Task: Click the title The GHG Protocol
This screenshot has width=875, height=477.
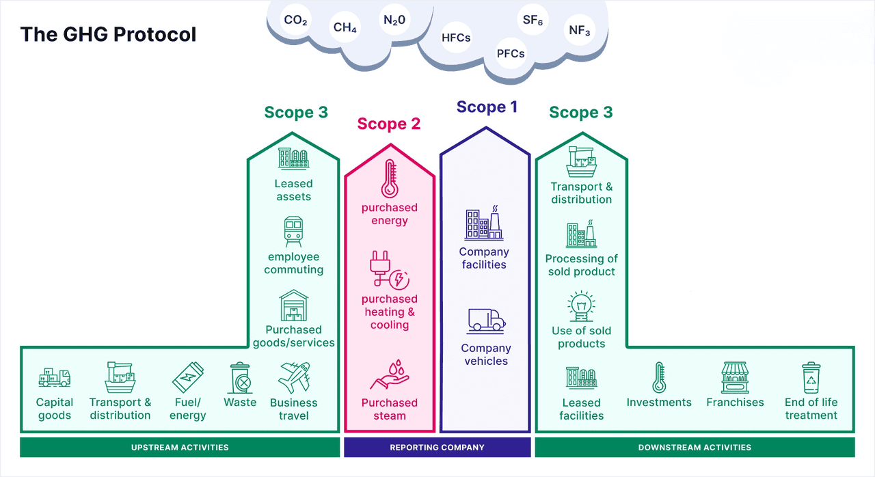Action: click(108, 34)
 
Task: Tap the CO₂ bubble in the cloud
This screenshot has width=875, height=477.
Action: click(295, 21)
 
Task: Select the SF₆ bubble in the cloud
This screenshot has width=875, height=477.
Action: click(533, 21)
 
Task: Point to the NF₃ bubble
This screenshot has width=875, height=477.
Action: click(579, 31)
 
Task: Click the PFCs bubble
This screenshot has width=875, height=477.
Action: click(511, 53)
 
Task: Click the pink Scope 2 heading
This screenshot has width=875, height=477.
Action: click(389, 124)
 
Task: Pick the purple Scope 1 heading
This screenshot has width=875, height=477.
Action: click(487, 107)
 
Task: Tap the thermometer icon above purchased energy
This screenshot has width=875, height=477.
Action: click(390, 179)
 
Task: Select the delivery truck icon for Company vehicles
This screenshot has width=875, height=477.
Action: click(486, 320)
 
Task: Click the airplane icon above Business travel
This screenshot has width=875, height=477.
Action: click(294, 377)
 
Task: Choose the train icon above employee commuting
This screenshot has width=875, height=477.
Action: click(294, 232)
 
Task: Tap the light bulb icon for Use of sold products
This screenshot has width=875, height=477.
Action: click(581, 305)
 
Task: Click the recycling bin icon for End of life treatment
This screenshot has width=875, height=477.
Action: click(811, 377)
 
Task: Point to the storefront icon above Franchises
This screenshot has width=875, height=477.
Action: click(735, 377)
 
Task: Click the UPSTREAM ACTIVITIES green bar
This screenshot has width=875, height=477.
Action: click(180, 448)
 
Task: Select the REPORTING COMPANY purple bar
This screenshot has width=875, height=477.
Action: click(437, 448)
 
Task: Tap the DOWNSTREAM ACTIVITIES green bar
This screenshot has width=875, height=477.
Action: click(695, 448)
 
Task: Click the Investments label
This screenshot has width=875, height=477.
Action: click(659, 403)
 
